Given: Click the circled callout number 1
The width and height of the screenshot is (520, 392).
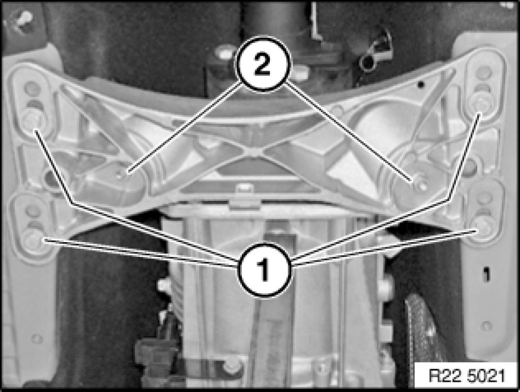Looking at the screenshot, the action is [x=264, y=269].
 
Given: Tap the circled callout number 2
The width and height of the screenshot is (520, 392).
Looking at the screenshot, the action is [x=263, y=64].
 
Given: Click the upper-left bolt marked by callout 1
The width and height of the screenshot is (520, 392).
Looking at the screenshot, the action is [x=31, y=121].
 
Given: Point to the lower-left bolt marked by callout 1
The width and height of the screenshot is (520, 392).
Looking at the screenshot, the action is [x=33, y=239].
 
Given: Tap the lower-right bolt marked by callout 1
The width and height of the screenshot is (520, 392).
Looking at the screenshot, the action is [x=481, y=228].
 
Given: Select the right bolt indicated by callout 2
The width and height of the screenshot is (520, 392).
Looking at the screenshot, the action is [x=419, y=183].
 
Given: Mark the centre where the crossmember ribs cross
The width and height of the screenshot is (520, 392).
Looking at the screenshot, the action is [x=255, y=150].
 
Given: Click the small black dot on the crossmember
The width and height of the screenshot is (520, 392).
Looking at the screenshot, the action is [x=421, y=84].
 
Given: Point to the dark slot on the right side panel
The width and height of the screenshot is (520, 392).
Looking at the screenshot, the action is [x=487, y=274].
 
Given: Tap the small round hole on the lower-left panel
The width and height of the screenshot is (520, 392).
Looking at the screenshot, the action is [x=36, y=338].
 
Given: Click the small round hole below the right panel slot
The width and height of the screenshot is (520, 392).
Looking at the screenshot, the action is [x=487, y=326].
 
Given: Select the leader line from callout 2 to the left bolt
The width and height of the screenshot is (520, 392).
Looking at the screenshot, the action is [x=184, y=127].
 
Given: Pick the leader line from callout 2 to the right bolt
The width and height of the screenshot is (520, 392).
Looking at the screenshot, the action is [x=348, y=131].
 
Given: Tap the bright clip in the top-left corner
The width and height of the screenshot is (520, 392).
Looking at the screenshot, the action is [x=23, y=19].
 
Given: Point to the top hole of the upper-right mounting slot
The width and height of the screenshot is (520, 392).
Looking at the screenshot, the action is [x=484, y=73].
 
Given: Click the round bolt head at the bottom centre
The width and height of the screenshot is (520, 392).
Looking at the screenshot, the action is [x=232, y=365].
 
